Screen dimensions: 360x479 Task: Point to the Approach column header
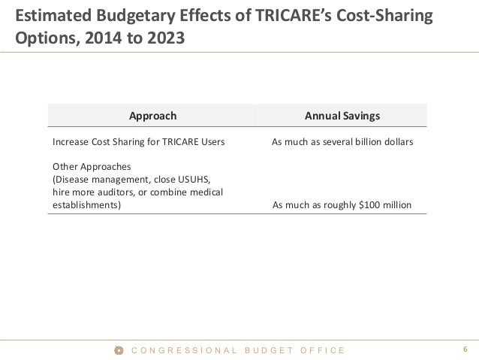pos(153,116)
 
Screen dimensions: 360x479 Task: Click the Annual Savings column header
pos(342,116)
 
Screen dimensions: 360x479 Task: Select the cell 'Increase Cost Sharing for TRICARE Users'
pos(133,141)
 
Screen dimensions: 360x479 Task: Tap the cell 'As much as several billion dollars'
pos(342,141)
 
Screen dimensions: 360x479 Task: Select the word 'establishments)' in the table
pos(85,204)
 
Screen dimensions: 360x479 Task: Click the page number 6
pos(465,349)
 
